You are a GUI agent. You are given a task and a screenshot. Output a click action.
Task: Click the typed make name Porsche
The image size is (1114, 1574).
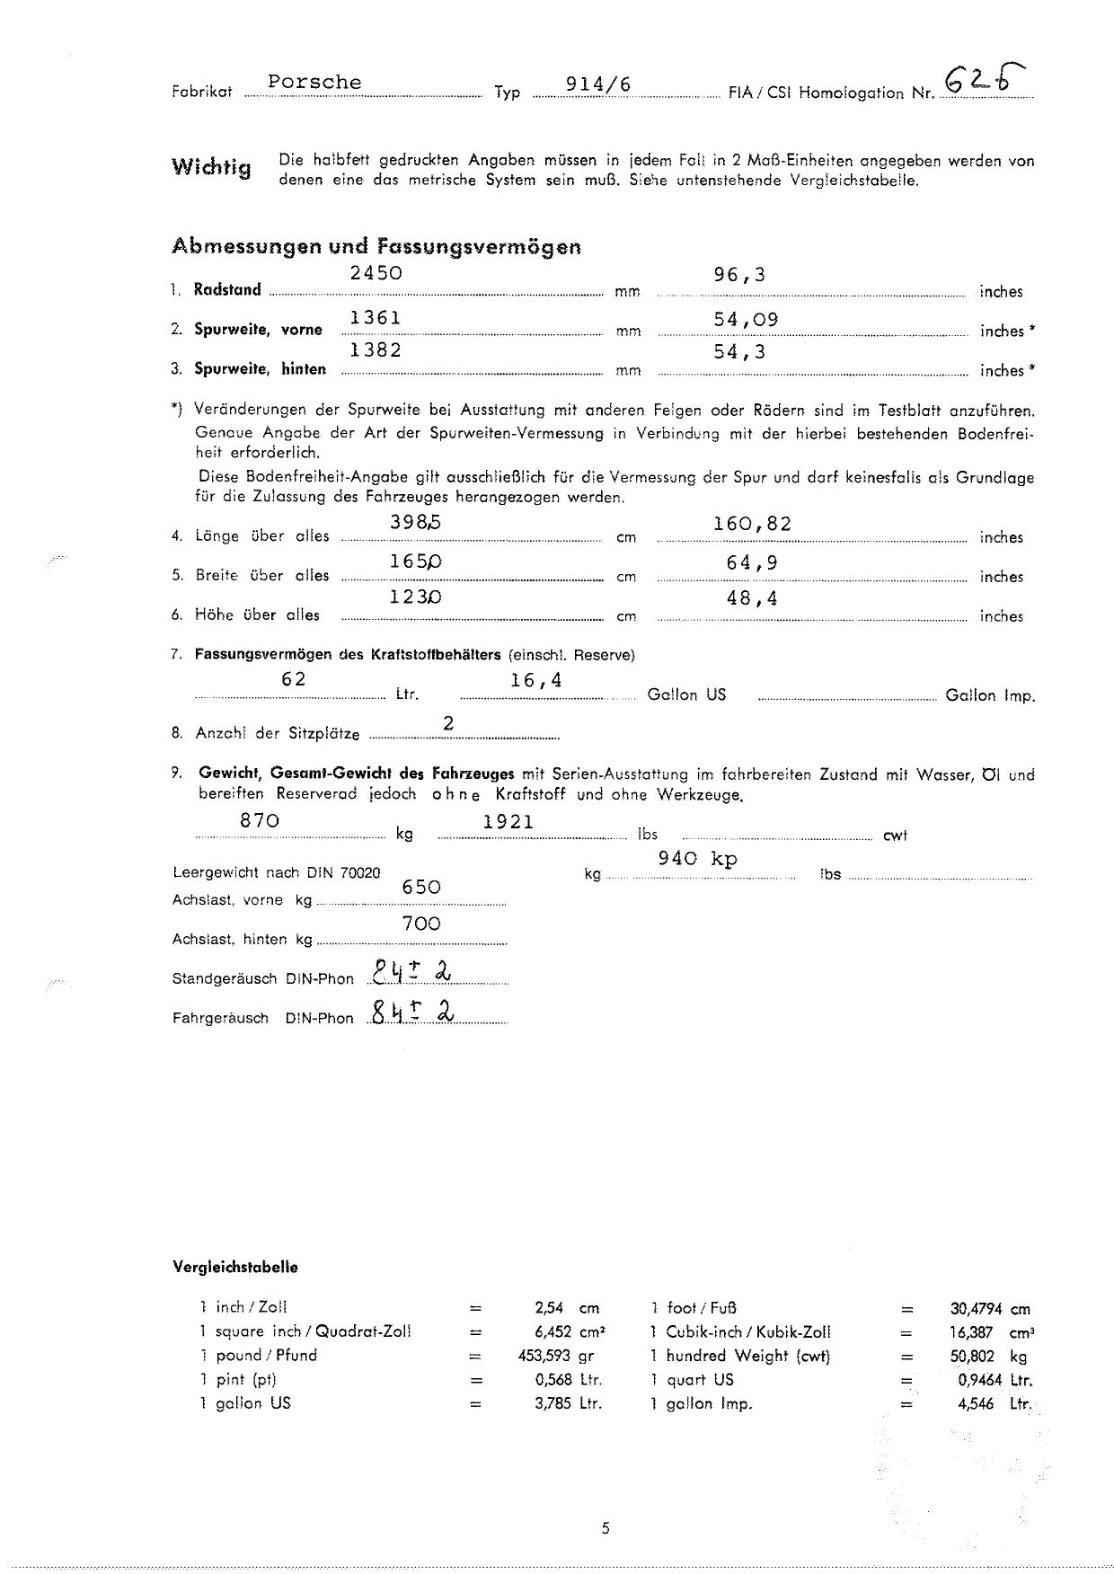pos(314,83)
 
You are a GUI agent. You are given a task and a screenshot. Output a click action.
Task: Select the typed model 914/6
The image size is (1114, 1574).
pos(598,84)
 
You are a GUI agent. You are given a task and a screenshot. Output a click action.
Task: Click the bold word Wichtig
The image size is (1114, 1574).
pos(211,167)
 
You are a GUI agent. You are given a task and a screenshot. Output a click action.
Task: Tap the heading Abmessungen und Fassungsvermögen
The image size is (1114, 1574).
pos(376,246)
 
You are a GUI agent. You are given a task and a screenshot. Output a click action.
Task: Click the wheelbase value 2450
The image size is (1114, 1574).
pos(376,273)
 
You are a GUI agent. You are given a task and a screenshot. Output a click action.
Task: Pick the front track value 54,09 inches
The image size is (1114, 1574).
pos(746,319)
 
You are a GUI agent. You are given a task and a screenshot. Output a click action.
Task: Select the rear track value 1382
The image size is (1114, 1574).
pos(376,350)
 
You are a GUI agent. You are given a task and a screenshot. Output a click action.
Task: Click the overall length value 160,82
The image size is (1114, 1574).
pos(752,524)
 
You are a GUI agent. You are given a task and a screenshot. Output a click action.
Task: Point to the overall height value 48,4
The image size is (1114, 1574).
pos(752,597)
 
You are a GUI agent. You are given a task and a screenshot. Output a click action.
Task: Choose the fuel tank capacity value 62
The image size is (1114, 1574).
pos(294,679)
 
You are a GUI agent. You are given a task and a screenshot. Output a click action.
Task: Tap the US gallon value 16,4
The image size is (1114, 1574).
pos(536,681)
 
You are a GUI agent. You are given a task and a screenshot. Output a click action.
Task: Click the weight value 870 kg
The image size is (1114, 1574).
pos(260,820)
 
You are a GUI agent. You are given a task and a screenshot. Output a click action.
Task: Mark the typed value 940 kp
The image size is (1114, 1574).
pos(697,858)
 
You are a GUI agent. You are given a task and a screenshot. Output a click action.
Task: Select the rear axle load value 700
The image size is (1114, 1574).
pos(421,924)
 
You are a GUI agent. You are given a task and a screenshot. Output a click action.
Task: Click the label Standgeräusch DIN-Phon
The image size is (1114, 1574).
pos(262,978)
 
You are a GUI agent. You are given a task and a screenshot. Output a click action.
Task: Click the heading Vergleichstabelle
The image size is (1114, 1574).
pos(234,1268)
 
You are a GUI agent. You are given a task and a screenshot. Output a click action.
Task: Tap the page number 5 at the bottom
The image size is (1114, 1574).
pos(606,1528)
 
